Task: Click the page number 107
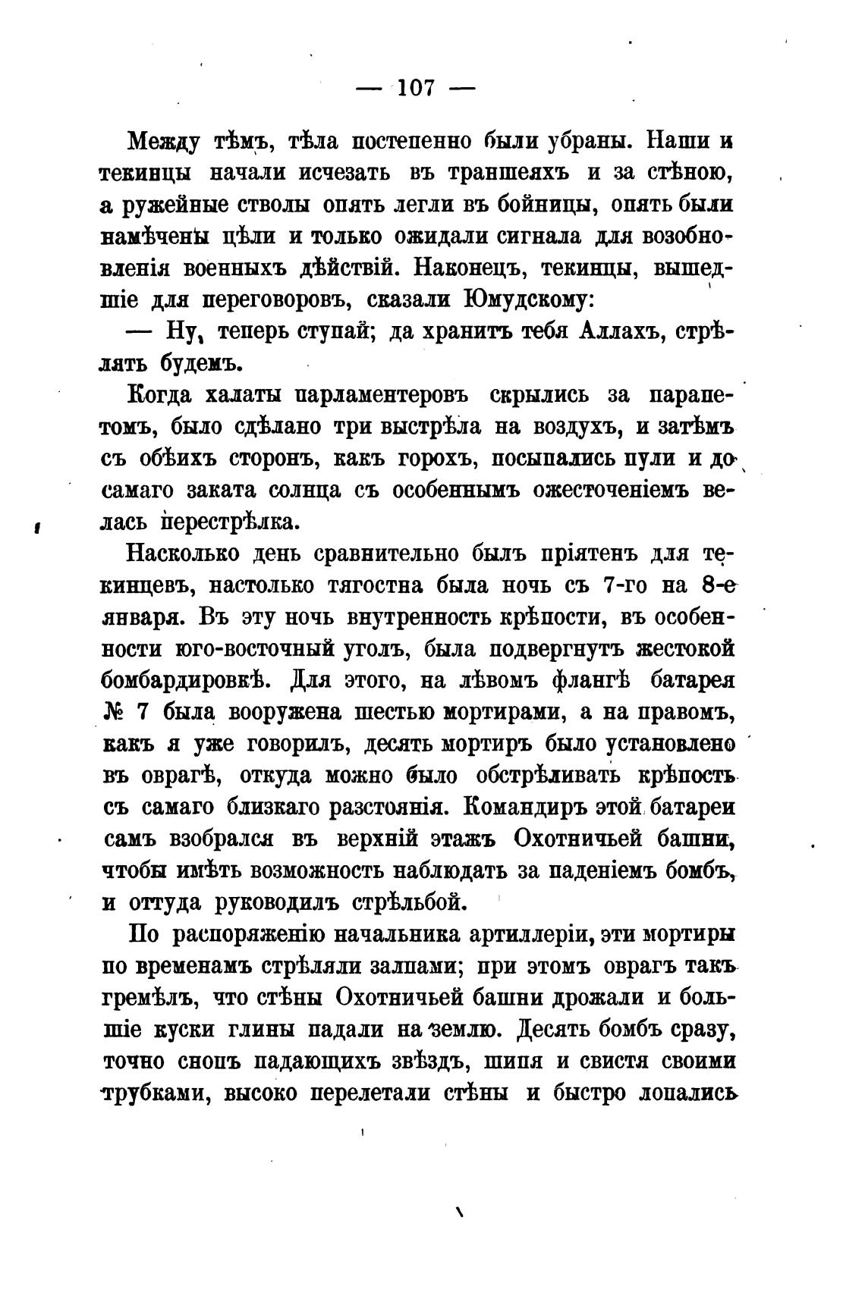coord(415,88)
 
